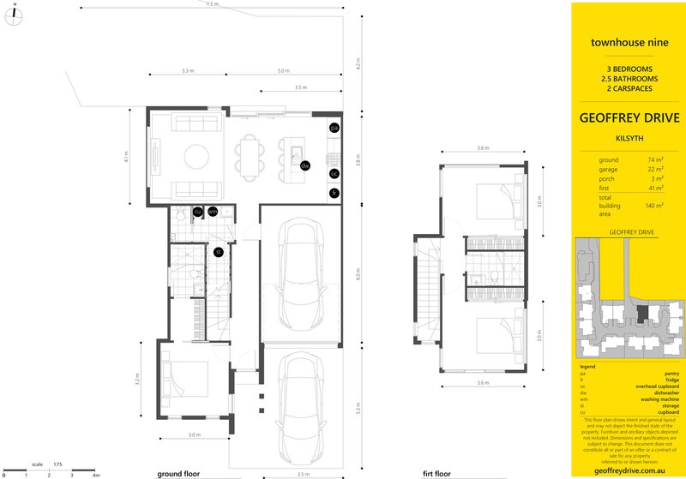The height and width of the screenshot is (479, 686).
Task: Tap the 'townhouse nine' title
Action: (629, 40)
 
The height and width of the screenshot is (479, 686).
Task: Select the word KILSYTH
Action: (629, 136)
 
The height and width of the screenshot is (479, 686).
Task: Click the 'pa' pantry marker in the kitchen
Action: (334, 128)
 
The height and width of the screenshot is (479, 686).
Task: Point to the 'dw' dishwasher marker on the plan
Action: (304, 165)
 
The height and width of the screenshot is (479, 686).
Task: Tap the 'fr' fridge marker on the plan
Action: (334, 194)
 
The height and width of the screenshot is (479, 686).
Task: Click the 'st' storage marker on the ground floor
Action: (219, 251)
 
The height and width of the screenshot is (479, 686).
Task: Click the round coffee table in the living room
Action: (197, 157)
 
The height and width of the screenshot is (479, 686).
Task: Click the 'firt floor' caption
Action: (438, 473)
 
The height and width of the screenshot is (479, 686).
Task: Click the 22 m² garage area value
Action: (655, 169)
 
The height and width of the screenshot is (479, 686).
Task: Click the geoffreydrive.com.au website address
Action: (629, 470)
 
